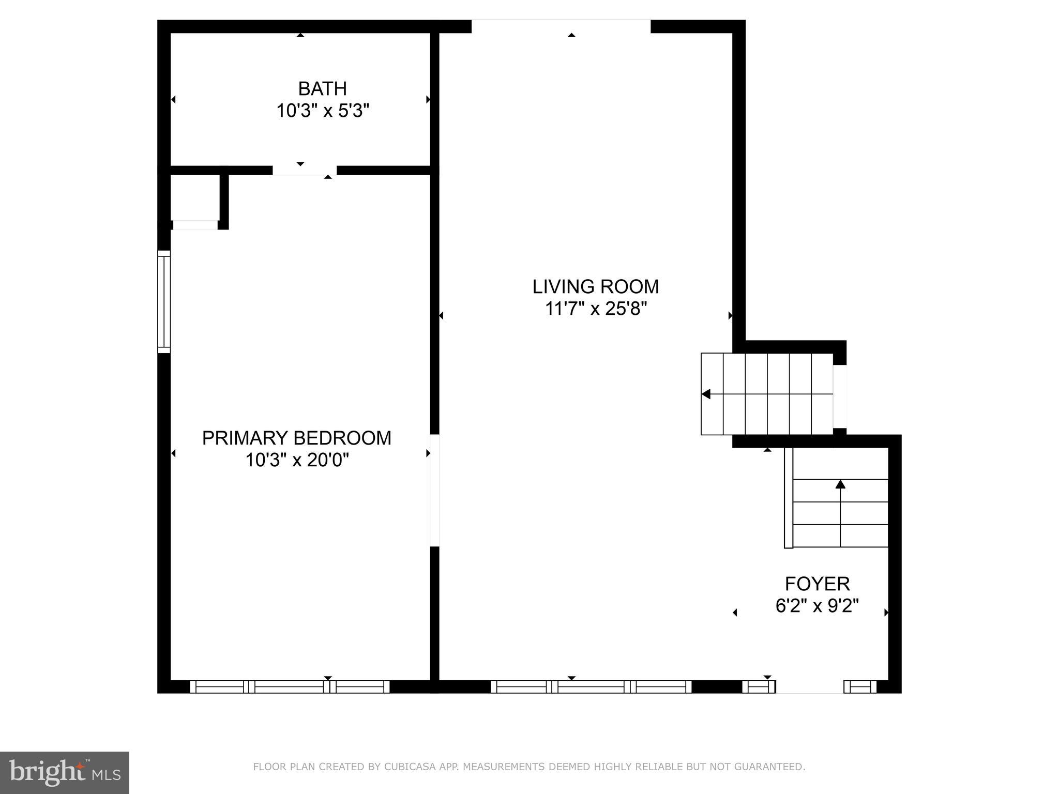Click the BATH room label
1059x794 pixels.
click(x=322, y=89)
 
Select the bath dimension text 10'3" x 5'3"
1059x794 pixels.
click(x=323, y=111)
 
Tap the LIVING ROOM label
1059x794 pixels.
click(x=596, y=286)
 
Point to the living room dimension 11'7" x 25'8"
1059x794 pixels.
click(x=596, y=309)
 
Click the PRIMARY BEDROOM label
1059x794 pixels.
click(x=296, y=438)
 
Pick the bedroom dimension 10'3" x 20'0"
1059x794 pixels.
click(x=297, y=460)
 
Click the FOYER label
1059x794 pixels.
click(x=817, y=584)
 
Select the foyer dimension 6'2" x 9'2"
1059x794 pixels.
click(x=817, y=606)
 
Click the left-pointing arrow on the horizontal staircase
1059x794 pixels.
click(x=706, y=394)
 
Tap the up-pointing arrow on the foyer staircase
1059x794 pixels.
click(x=840, y=484)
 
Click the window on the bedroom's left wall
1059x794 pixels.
click(x=164, y=302)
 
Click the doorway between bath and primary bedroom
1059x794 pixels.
click(x=305, y=171)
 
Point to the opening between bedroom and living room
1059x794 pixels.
click(x=435, y=490)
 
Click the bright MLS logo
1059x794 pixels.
click(x=65, y=772)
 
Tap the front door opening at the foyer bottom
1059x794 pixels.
click(x=809, y=687)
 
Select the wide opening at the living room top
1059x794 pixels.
click(x=561, y=26)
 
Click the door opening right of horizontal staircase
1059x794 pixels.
click(x=840, y=396)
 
